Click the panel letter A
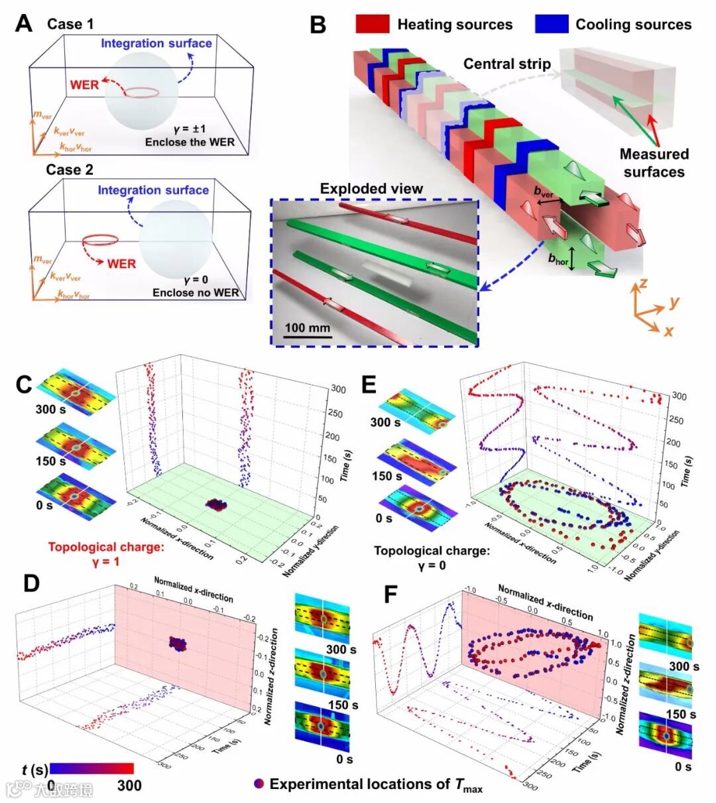click(x=25, y=25)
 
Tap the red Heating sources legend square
click(x=372, y=25)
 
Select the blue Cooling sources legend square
click(x=552, y=25)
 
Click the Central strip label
click(x=507, y=64)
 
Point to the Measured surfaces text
click(x=654, y=163)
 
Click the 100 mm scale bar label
click(x=308, y=328)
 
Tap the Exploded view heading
click(x=371, y=188)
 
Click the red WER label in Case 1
click(x=84, y=84)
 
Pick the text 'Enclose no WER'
click(x=196, y=293)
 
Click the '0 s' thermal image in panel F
click(x=664, y=733)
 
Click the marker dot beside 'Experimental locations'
click(x=259, y=784)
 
